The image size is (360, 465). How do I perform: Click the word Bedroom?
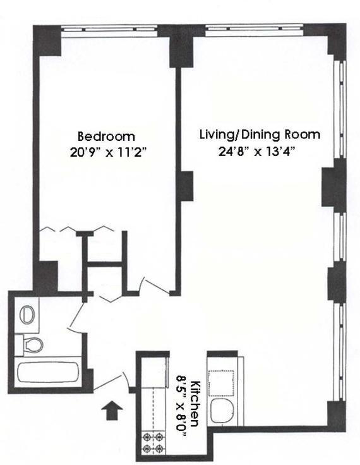(106, 136)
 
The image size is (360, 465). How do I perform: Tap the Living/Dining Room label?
(260, 135)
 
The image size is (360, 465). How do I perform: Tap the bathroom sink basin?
(28, 315)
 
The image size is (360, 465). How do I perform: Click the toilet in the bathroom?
(31, 344)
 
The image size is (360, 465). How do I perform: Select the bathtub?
(48, 372)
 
